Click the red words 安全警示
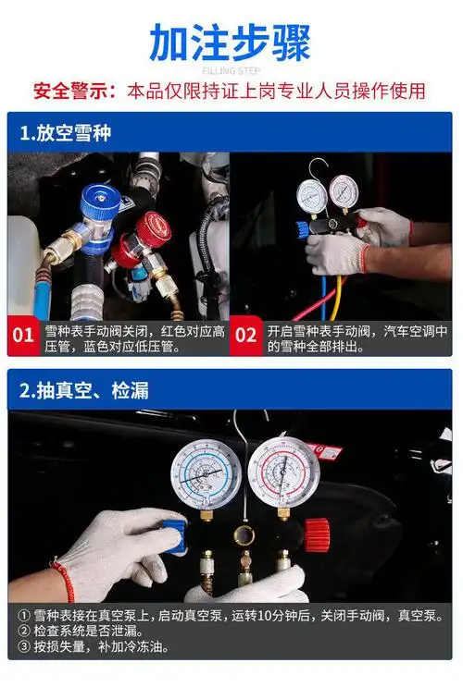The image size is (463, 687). tap(72, 92)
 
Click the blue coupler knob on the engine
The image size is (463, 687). tap(99, 202)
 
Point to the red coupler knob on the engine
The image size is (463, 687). tap(154, 229)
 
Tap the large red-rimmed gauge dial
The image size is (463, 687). tap(284, 472)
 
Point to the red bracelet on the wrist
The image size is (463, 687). tap(65, 581)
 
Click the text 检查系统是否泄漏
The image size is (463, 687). tap(88, 632)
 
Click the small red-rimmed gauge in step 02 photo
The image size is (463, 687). tap(344, 193)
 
